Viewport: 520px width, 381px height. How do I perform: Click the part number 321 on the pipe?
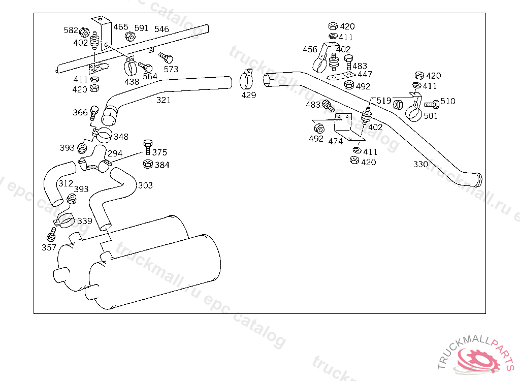[164, 100]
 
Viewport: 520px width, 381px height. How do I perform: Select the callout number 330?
[420, 164]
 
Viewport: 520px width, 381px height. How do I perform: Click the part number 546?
[161, 29]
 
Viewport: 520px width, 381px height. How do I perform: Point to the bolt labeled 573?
[166, 58]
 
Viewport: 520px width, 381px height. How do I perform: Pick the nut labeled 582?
[85, 32]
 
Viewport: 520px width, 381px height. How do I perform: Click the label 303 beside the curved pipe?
[145, 185]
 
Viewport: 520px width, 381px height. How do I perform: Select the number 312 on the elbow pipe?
[66, 183]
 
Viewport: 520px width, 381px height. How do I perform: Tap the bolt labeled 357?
[51, 234]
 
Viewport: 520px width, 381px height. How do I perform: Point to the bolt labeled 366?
[94, 113]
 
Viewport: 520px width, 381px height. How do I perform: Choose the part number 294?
[115, 153]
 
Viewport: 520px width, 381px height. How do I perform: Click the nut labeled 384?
[148, 164]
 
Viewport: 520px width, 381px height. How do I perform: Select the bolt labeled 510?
[432, 104]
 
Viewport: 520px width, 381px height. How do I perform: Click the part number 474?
[335, 141]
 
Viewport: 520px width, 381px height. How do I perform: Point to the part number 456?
[310, 49]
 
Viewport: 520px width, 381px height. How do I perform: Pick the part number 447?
[365, 74]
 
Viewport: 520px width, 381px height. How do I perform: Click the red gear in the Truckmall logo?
[477, 360]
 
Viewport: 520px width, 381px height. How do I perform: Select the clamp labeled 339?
[64, 220]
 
